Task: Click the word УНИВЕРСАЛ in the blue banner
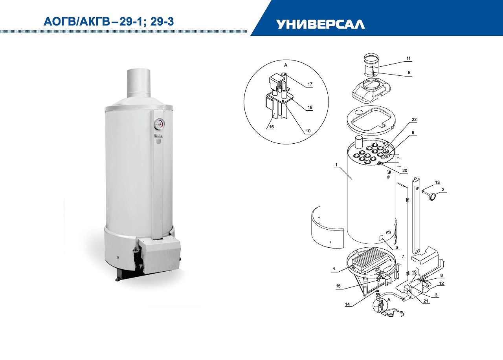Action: coord(320,24)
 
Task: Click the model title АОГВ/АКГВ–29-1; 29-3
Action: coord(109,22)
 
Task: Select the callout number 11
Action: coord(408,58)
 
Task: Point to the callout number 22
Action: coord(414,120)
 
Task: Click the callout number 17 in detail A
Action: coord(310,84)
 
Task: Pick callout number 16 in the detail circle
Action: coord(271,127)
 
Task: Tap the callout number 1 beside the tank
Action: coord(336,165)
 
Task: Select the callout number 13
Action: coord(437,183)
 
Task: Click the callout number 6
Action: coord(397,247)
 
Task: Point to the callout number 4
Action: coord(334,269)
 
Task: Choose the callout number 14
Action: coord(347,304)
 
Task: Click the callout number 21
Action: coord(426,301)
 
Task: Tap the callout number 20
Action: coord(405,170)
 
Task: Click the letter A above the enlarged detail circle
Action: coord(286,65)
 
